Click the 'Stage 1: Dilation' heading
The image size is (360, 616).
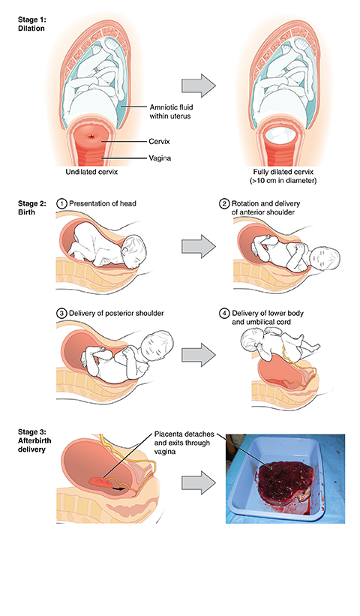click(31, 23)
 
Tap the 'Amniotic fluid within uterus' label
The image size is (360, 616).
click(171, 111)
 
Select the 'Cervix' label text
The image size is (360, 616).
click(160, 141)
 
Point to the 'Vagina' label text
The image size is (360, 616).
click(160, 158)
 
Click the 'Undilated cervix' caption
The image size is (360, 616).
click(91, 172)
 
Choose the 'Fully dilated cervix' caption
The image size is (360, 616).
click(283, 172)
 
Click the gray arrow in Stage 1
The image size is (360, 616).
click(199, 86)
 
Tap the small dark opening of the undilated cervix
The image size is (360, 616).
click(93, 137)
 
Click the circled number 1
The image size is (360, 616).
click(61, 203)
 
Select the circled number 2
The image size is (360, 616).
click(224, 203)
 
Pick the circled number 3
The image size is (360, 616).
click(61, 314)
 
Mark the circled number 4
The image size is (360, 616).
click(224, 314)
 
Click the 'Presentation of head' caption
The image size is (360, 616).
click(103, 203)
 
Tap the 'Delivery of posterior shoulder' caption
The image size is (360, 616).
click(116, 314)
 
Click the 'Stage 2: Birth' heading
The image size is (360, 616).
click(31, 207)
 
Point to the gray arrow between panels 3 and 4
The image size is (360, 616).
click(199, 355)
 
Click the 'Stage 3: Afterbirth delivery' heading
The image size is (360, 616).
click(34, 440)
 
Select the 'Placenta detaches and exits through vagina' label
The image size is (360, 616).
click(184, 443)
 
